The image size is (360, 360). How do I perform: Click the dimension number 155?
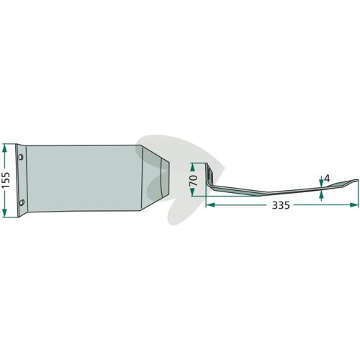[x=6, y=180]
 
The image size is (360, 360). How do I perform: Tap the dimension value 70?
[x=194, y=180]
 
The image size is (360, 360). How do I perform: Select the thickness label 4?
[x=327, y=179]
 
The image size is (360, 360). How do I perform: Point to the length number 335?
[x=281, y=205]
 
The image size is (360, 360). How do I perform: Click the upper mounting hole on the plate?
[x=21, y=157]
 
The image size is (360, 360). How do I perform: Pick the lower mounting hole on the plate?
[x=22, y=202]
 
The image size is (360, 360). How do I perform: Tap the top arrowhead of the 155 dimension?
[x=4, y=149]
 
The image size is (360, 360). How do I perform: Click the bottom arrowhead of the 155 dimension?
[x=4, y=212]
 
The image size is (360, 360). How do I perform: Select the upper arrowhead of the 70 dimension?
[x=192, y=167]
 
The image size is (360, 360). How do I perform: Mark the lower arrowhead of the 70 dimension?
[x=192, y=192]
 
